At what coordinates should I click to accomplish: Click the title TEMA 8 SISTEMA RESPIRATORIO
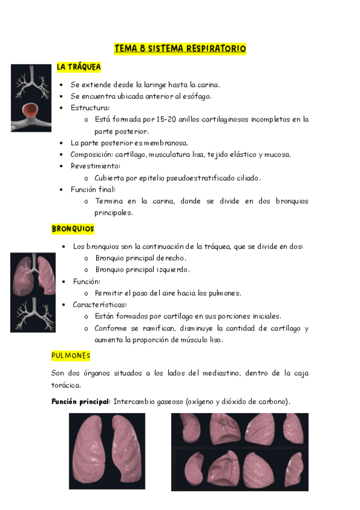pyautogui.click(x=180, y=49)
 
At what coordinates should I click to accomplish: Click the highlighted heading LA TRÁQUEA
pyautogui.click(x=79, y=67)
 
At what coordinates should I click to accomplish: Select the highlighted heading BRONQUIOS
pyautogui.click(x=73, y=229)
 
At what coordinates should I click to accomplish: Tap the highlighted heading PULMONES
pyautogui.click(x=71, y=356)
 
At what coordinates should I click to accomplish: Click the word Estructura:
pyautogui.click(x=90, y=108)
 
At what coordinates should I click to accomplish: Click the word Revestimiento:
pyautogui.click(x=95, y=166)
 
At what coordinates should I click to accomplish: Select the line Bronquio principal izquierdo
pyautogui.click(x=142, y=269)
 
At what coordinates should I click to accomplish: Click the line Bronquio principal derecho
pyautogui.click(x=140, y=258)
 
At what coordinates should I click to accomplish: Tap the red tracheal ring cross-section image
pyautogui.click(x=31, y=114)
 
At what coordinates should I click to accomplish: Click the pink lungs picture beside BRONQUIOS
pyautogui.click(x=33, y=274)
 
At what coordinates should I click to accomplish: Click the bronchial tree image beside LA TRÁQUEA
pyautogui.click(x=31, y=82)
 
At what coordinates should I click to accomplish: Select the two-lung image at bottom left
pyautogui.click(x=107, y=451)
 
